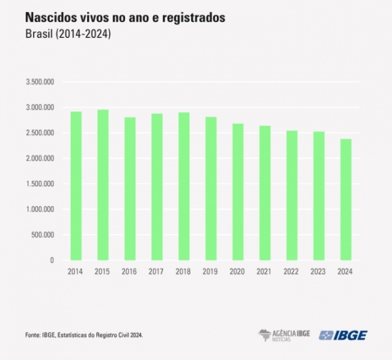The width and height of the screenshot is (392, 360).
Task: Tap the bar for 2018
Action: [x=184, y=186]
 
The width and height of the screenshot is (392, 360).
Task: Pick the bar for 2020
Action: [x=238, y=192]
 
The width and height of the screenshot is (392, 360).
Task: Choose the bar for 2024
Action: [x=345, y=199]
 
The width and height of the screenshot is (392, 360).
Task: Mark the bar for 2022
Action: [x=292, y=195]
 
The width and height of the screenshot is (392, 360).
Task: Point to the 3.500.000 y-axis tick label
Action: [x=40, y=82]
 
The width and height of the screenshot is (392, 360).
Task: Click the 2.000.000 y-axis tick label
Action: [x=40, y=159]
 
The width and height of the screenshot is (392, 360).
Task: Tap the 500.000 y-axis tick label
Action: [x=43, y=234]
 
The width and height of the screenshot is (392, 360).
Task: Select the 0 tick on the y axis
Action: [x=52, y=260]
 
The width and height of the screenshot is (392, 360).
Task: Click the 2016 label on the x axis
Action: [x=130, y=271]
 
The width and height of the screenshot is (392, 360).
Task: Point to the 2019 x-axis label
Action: [x=211, y=271]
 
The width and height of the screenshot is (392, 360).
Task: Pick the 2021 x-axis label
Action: [x=265, y=271]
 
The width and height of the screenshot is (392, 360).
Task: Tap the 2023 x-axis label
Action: [x=318, y=271]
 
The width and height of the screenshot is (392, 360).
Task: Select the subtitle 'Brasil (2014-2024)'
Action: [x=67, y=35]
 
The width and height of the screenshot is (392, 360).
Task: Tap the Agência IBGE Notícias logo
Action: [x=284, y=335]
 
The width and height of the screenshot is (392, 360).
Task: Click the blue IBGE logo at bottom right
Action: [x=343, y=335]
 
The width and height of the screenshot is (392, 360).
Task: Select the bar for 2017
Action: [x=157, y=187]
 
